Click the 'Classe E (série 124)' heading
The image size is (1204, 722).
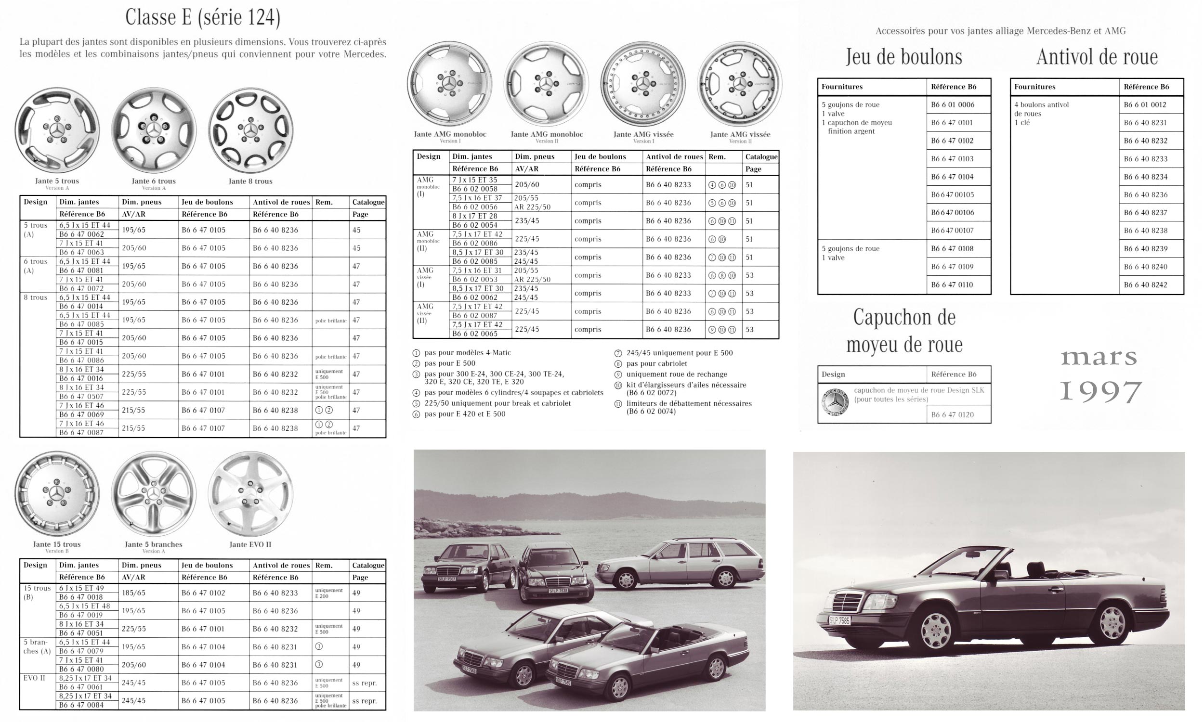(x=202, y=17)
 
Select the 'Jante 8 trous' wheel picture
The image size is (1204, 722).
(x=250, y=130)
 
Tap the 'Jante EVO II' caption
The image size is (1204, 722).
(x=250, y=544)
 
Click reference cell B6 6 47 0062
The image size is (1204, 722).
(x=82, y=234)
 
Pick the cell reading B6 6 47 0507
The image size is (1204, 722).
(x=82, y=396)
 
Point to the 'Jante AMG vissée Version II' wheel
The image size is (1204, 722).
(x=739, y=84)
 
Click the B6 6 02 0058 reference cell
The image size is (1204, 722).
(x=474, y=189)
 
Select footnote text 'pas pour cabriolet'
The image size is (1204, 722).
(x=656, y=363)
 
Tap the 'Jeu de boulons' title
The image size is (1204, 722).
(x=904, y=56)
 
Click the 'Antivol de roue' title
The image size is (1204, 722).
(x=1097, y=57)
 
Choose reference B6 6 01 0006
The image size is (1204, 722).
(x=953, y=104)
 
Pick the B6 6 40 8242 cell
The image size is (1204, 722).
(x=1145, y=284)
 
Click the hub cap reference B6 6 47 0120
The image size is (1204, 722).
(x=952, y=414)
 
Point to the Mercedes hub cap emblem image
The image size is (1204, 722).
(x=835, y=402)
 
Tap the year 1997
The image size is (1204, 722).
(x=1100, y=392)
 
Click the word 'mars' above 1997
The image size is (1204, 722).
(x=1099, y=358)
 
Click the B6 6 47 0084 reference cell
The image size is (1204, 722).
(x=82, y=705)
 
